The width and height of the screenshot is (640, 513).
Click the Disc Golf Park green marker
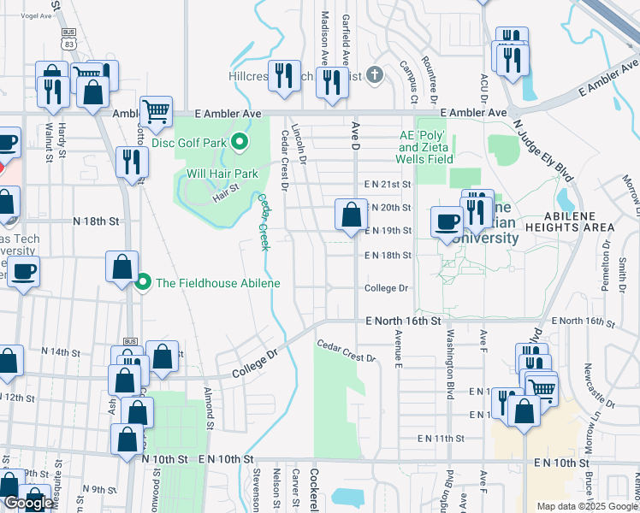(x=240, y=142)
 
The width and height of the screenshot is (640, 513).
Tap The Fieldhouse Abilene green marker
(x=143, y=283)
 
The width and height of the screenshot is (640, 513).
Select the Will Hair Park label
(x=222, y=174)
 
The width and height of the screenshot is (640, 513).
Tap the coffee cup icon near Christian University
(x=446, y=221)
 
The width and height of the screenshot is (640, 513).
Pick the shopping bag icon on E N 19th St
(x=350, y=215)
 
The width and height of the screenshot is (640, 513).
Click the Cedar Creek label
(x=264, y=222)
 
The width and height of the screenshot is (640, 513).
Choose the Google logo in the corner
(x=29, y=503)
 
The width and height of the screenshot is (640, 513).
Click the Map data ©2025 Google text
(x=587, y=506)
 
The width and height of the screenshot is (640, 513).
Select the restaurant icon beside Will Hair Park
(x=131, y=162)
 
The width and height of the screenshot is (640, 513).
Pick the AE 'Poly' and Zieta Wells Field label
(x=426, y=147)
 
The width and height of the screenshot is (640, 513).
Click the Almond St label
(x=208, y=406)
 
